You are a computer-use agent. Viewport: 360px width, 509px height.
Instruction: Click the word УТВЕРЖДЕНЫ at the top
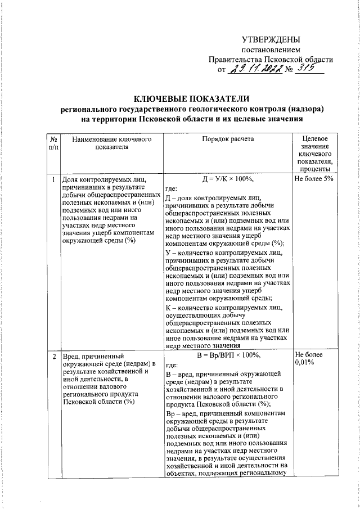(271, 39)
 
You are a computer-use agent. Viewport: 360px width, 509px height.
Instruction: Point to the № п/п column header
(52, 143)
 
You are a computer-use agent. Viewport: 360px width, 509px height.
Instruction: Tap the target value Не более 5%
(314, 179)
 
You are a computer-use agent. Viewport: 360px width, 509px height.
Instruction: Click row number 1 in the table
(52, 179)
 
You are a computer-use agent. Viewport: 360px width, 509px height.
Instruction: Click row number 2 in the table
(52, 355)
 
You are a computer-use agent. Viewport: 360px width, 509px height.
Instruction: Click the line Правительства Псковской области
(271, 59)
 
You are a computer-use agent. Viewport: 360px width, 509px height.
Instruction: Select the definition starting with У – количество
(227, 276)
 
